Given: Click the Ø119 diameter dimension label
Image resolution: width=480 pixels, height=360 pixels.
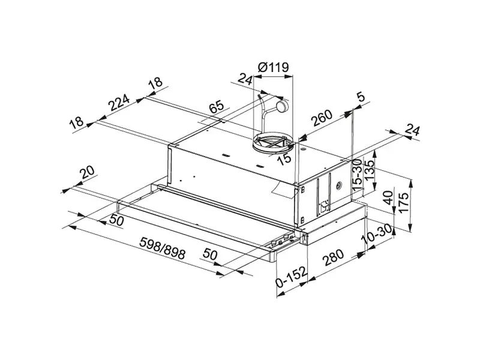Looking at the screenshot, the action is (x=274, y=67).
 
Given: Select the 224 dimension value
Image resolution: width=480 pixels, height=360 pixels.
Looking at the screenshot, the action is (x=119, y=102).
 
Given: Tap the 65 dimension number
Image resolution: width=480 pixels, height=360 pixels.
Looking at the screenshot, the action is (x=217, y=107).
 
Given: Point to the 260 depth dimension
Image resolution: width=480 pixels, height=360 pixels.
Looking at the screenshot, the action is (x=322, y=118).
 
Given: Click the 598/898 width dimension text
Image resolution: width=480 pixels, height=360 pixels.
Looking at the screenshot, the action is (x=163, y=248).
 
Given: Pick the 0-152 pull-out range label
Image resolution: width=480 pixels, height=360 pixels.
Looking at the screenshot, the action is (x=291, y=277).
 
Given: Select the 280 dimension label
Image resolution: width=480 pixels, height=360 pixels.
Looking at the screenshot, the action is (x=334, y=257).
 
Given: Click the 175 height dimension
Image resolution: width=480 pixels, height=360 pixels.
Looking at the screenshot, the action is (x=404, y=203).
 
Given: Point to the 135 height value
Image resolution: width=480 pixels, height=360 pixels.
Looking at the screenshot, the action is (x=370, y=170).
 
